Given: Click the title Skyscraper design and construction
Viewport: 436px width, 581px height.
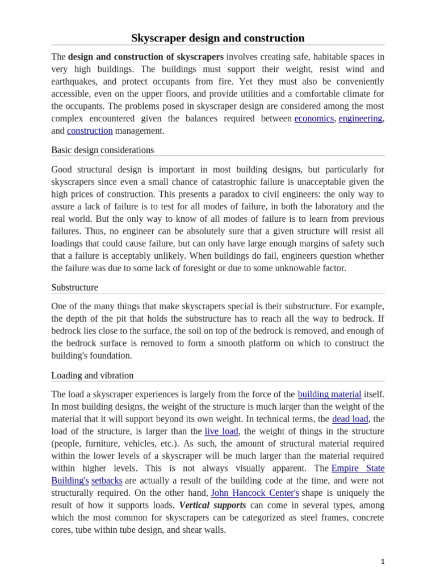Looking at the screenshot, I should (218, 38).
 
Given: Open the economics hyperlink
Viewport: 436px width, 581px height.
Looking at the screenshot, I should (314, 119).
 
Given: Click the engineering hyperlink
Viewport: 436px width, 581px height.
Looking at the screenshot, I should (360, 119).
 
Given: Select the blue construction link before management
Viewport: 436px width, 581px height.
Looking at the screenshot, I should (90, 131).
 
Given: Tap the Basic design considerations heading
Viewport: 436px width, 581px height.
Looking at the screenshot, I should (102, 150).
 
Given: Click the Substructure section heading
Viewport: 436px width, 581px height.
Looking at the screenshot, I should (74, 288).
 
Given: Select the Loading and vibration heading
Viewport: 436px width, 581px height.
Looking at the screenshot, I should (92, 376).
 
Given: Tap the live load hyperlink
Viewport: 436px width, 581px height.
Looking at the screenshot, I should (221, 432).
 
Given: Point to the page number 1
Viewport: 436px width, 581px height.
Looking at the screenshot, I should (383, 562).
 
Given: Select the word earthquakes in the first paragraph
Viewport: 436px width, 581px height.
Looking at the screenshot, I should (76, 81).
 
